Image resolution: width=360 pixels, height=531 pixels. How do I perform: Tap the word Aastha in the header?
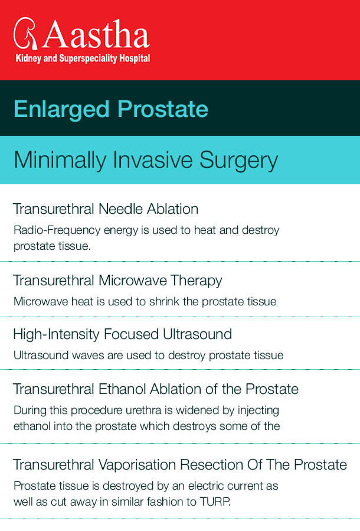point(96,34)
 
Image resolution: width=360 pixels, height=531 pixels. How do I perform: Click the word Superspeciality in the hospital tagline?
point(88,58)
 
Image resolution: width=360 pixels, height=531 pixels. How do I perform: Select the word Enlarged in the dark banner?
point(61,110)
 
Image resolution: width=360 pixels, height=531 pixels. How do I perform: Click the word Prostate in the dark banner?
point(163,109)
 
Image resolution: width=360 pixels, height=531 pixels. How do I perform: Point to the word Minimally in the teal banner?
point(60,160)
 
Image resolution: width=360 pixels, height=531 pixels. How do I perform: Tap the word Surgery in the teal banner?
point(238,160)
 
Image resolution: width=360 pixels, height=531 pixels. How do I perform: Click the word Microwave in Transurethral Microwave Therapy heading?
point(133,281)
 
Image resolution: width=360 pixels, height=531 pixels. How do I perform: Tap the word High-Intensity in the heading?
point(56,334)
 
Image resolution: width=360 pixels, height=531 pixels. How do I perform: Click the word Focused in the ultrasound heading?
point(131,334)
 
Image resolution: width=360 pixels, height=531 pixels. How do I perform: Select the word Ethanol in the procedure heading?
point(122,389)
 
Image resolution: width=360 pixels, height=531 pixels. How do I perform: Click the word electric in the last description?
point(207,486)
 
